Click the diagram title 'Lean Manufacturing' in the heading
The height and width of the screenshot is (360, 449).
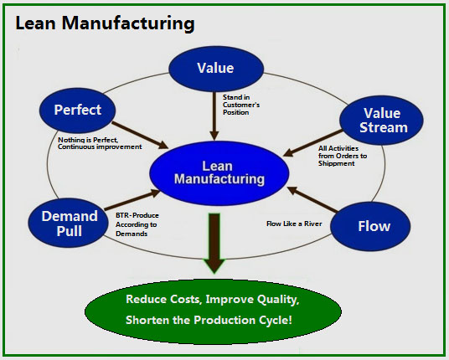105,23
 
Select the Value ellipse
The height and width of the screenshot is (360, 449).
216,69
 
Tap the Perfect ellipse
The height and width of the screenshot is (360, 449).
78,111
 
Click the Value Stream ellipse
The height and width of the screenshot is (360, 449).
381,121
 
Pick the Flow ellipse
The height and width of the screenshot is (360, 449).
370,226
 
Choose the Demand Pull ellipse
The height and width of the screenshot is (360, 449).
69,223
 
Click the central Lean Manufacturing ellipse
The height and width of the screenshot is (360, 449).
219,173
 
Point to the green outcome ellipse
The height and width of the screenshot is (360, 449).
213,311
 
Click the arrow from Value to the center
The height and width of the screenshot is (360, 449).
214,116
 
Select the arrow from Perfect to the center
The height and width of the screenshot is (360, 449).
140,136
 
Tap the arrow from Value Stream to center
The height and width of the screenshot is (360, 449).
312,143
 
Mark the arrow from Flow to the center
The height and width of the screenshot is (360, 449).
312,199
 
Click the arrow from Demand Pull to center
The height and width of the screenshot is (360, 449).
132,200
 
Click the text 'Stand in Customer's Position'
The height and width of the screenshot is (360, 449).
241,105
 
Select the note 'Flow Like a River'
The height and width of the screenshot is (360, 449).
294,224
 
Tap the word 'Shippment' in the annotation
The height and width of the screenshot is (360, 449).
337,164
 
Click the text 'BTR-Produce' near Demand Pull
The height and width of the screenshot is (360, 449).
137,215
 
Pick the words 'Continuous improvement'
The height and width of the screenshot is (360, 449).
100,147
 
